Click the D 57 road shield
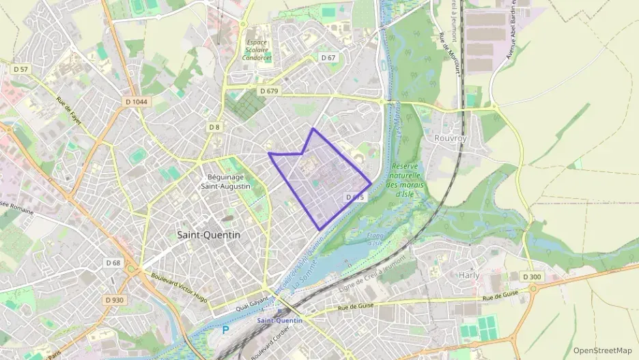20,70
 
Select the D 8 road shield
214,127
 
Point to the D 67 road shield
328,58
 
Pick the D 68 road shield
113,263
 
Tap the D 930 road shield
115,300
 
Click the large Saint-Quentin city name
209,234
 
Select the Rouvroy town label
450,137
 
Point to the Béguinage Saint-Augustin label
225,181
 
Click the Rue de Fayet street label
69,111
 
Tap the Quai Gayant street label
251,301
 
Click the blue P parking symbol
225,330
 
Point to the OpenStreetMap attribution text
602,350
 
